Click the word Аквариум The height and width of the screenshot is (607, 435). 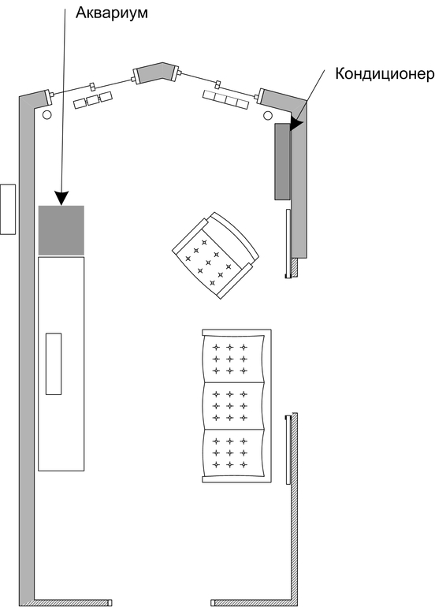point(111,13)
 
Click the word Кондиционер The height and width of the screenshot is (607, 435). point(385,73)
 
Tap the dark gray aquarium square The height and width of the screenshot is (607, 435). point(61,230)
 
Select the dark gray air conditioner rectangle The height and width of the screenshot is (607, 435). point(282,162)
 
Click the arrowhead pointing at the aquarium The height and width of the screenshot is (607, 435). point(61,198)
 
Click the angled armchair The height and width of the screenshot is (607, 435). point(216,255)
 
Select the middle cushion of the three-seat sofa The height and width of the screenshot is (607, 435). point(234,406)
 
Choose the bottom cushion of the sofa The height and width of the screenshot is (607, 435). point(234,453)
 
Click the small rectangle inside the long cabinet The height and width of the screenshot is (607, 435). point(54,364)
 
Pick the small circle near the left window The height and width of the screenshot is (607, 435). point(46,115)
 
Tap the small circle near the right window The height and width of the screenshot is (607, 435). point(267,115)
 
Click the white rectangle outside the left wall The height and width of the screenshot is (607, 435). point(8,209)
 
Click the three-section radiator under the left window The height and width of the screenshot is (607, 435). point(93,100)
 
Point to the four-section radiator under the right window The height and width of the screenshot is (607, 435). point(225,100)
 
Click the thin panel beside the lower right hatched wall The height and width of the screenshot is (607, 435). point(288,449)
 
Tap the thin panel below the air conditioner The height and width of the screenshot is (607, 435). point(288,244)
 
